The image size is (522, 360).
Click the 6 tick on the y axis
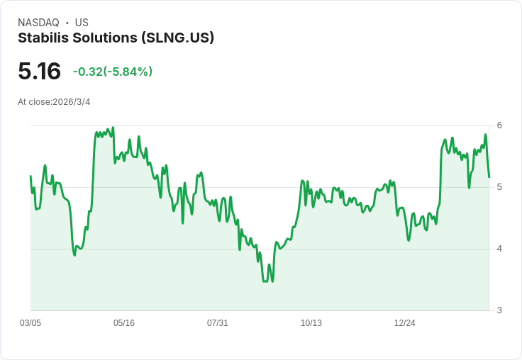pos(499,125)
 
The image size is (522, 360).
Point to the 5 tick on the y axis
pos(499,187)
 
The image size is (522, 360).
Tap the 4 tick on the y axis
pos(499,249)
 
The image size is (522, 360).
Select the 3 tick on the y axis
pos(499,310)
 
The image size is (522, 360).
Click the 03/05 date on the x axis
pos(30,322)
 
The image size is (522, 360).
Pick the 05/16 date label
pos(124,322)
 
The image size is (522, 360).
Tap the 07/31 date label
pos(218,322)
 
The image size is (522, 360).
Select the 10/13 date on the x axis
pos(311,322)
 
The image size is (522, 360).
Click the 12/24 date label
pos(404,322)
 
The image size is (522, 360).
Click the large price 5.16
pos(39,71)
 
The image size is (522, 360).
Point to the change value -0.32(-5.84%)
pos(113,72)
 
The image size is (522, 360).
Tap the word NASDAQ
pos(38,23)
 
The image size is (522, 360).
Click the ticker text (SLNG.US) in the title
pos(177,38)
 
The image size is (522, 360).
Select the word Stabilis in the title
pos(43,38)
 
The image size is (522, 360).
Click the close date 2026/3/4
pos(71,102)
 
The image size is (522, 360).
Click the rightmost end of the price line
pos(489,177)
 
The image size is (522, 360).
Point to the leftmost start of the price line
pos(30,176)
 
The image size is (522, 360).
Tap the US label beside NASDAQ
pos(82,23)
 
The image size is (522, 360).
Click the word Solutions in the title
pos(105,38)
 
